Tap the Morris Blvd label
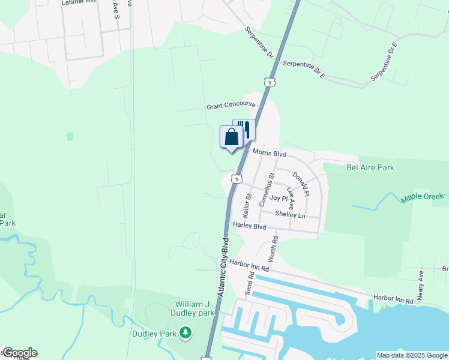pyautogui.click(x=269, y=153)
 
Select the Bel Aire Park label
pyautogui.click(x=370, y=167)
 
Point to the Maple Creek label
pyautogui.click(x=423, y=197)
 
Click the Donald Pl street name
pyautogui.click(x=301, y=184)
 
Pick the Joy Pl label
pyautogui.click(x=279, y=198)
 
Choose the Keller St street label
pyautogui.click(x=246, y=205)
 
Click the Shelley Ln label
pyautogui.click(x=291, y=214)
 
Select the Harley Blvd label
pyautogui.click(x=250, y=226)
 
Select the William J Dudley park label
pyautogui.click(x=195, y=308)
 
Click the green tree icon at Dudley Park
pyautogui.click(x=186, y=332)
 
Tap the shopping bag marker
pyautogui.click(x=231, y=137)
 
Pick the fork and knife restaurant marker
pyautogui.click(x=244, y=129)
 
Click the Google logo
pyautogui.click(x=20, y=353)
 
